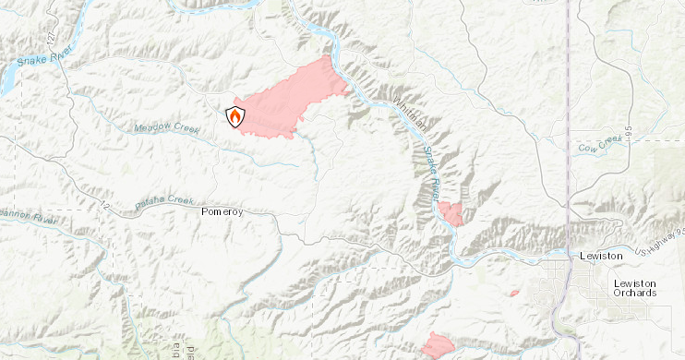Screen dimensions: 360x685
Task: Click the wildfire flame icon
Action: [235, 116]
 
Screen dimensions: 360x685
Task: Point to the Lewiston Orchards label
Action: [635, 287]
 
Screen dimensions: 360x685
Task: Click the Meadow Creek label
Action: [166, 128]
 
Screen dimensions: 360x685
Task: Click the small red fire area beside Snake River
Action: [451, 214]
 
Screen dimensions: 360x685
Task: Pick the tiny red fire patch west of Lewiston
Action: [514, 294]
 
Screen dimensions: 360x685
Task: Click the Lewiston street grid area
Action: [563, 277]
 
